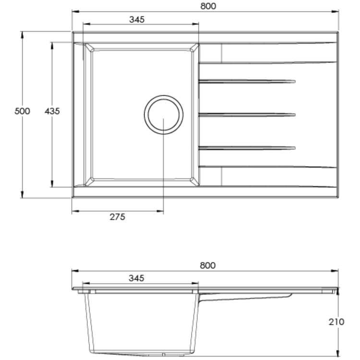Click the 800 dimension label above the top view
(x=208, y=6)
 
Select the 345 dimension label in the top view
(x=137, y=19)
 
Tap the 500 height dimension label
(x=22, y=111)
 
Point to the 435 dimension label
(x=52, y=111)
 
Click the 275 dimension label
(x=117, y=217)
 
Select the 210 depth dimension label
(x=336, y=322)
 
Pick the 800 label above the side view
(x=207, y=265)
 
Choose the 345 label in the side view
(x=136, y=278)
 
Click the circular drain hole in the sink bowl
(x=163, y=114)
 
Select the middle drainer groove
(x=247, y=114)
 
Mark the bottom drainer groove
(x=247, y=147)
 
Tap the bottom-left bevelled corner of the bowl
(x=89, y=181)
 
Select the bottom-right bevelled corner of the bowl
(x=194, y=181)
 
